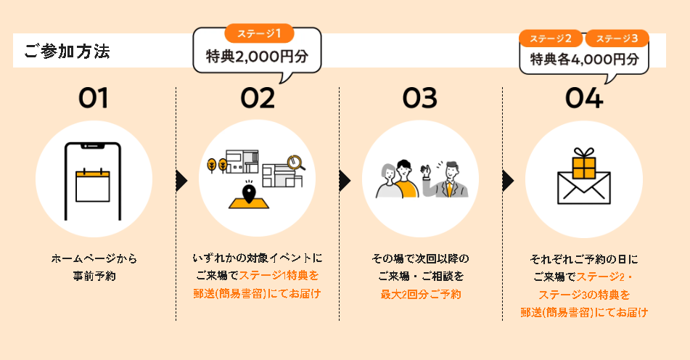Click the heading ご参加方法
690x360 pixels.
coord(67,52)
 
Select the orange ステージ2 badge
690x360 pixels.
coord(551,38)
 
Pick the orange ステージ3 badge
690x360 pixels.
coord(617,38)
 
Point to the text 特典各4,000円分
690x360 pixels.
coord(584,60)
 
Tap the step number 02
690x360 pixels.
coord(258,98)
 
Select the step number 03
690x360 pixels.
coord(420,98)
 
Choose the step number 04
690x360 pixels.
coord(584,98)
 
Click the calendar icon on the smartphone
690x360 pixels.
coord(93,184)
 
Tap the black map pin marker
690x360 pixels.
coord(250,194)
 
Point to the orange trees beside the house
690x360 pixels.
coord(217,165)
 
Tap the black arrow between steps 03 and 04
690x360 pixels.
coord(509,181)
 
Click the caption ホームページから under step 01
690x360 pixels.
coord(94,258)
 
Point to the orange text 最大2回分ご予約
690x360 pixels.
coord(420,294)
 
